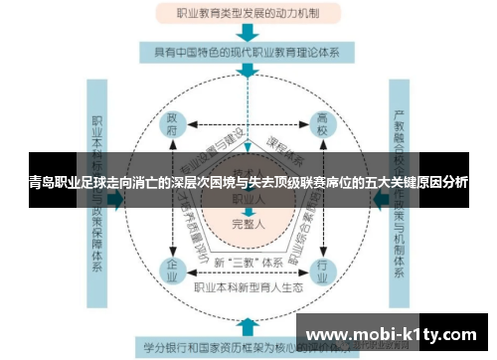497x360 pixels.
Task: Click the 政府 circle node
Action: coord(173,127)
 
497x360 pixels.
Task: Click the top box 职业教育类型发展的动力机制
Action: coord(248,15)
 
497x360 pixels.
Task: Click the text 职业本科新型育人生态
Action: coord(248,285)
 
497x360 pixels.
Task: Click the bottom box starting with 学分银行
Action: coord(248,347)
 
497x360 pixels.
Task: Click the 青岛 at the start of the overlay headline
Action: coord(43,184)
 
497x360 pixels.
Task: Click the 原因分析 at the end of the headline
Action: coord(442,184)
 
